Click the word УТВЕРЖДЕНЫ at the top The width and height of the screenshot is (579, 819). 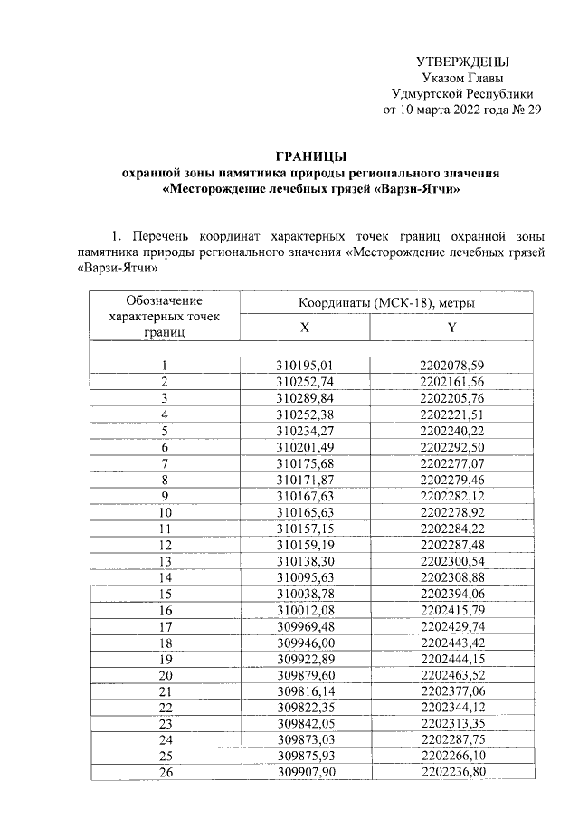click(x=462, y=62)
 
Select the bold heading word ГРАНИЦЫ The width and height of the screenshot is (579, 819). click(x=310, y=156)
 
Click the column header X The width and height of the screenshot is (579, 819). click(x=305, y=327)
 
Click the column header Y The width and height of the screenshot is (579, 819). click(x=451, y=327)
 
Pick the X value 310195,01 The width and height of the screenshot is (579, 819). click(x=305, y=366)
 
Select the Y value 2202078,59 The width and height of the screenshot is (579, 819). click(x=452, y=366)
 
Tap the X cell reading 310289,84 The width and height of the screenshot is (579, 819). click(x=305, y=398)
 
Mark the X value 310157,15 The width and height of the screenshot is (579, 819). click(x=305, y=528)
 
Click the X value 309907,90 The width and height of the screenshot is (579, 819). click(x=305, y=772)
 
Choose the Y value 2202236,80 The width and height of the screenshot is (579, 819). click(x=452, y=772)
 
